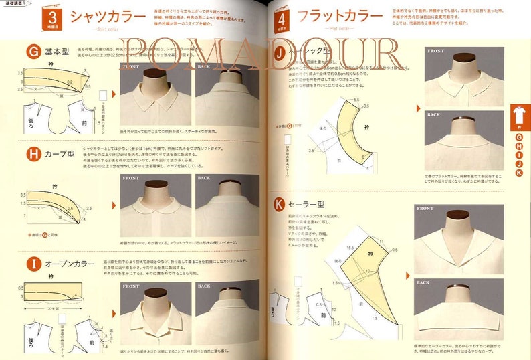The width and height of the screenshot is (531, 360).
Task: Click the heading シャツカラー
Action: [108, 16]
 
